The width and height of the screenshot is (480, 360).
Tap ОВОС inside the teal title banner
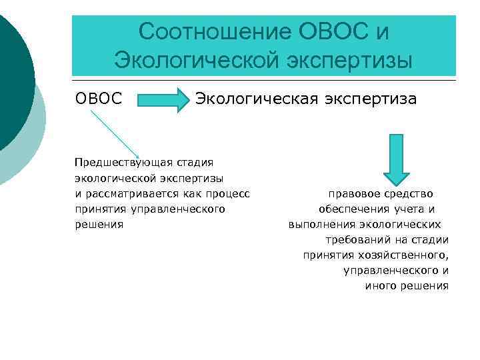328,31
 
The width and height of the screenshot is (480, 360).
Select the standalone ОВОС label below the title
99,99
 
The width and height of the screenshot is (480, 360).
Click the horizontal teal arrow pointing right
163,100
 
